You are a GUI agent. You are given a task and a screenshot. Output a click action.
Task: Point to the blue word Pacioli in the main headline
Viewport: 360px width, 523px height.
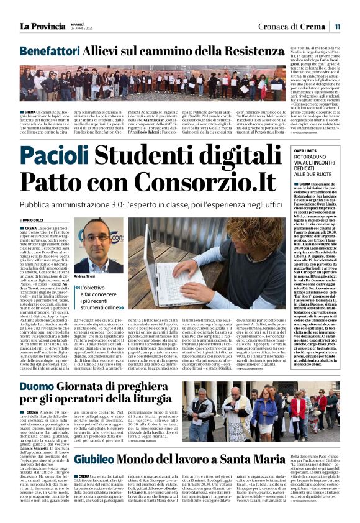coord(58,157)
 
